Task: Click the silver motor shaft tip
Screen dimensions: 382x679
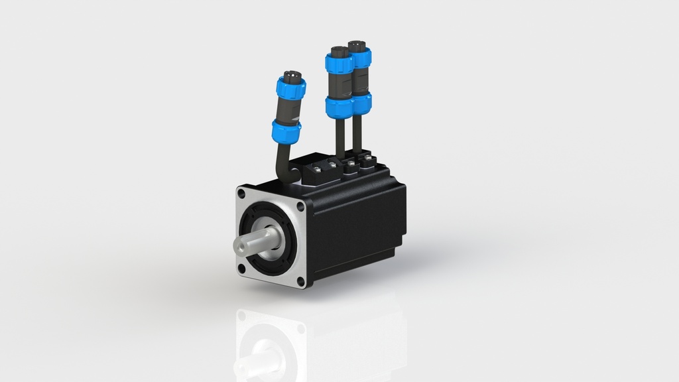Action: (x=240, y=245)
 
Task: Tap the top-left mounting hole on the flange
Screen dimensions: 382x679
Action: (x=241, y=194)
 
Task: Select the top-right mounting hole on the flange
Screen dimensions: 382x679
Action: (x=300, y=206)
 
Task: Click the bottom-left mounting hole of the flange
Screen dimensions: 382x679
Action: (x=242, y=267)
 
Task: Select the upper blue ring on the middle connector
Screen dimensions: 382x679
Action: (x=338, y=64)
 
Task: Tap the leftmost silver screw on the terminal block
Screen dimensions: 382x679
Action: (x=318, y=170)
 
